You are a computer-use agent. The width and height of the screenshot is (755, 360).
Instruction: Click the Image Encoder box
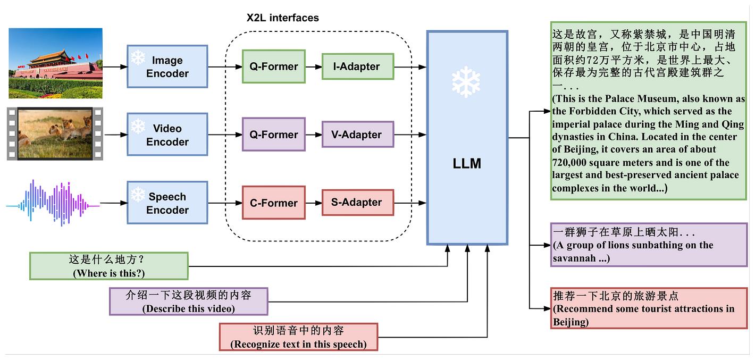[x=167, y=66]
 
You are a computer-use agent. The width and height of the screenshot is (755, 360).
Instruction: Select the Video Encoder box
[x=167, y=135]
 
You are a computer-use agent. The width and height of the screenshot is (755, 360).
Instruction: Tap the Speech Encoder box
[x=167, y=203]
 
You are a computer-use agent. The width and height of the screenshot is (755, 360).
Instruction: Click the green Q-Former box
[x=274, y=66]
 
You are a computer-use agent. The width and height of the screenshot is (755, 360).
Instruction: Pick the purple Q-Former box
[x=274, y=135]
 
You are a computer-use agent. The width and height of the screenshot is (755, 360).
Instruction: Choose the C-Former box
[x=274, y=203]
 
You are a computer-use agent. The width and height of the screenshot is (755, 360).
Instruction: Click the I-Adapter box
[x=358, y=66]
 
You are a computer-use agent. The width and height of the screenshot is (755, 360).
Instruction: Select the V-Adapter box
[x=358, y=135]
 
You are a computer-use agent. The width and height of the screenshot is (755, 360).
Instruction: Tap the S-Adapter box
[x=358, y=203]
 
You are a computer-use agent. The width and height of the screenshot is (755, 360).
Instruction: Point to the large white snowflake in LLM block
[x=466, y=81]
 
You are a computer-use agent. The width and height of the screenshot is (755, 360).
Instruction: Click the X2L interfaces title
[x=282, y=18]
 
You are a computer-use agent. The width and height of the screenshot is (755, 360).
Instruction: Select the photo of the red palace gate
[x=55, y=63]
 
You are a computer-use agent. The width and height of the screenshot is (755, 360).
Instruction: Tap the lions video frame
[x=55, y=133]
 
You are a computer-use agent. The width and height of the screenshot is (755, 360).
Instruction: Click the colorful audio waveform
[x=53, y=203]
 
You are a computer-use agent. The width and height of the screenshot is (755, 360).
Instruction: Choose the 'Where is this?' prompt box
[x=109, y=266]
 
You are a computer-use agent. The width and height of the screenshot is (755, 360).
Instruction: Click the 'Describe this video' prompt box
[x=188, y=301]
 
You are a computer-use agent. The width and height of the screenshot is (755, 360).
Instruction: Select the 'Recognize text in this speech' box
[x=298, y=337]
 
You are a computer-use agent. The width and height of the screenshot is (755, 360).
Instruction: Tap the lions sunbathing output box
[x=649, y=245]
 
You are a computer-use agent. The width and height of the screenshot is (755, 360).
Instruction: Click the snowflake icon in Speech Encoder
[x=138, y=194]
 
